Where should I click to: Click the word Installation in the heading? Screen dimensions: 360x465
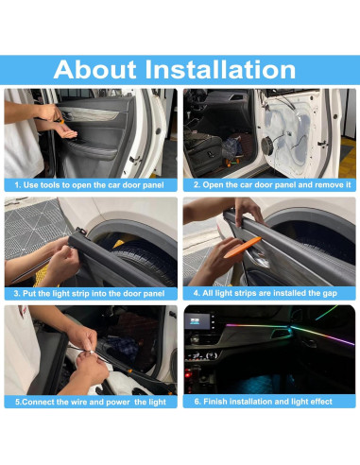click(x=220, y=70)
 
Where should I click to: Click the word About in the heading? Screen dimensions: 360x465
click(x=94, y=70)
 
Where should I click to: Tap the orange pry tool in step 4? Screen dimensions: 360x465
click(x=242, y=248)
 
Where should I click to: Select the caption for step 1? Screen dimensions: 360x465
click(x=89, y=185)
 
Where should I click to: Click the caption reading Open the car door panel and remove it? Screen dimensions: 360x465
click(x=272, y=184)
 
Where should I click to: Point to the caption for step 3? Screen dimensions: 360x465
click(x=89, y=294)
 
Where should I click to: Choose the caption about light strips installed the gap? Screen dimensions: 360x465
click(x=265, y=293)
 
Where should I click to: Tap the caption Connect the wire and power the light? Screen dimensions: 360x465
click(x=91, y=402)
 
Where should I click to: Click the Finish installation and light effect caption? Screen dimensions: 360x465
click(x=263, y=402)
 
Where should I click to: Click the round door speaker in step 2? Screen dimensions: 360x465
click(x=267, y=146)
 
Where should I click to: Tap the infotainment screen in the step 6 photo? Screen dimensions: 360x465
click(x=197, y=321)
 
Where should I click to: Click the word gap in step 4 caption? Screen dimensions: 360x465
click(x=330, y=294)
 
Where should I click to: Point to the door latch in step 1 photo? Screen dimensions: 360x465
click(x=134, y=160)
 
